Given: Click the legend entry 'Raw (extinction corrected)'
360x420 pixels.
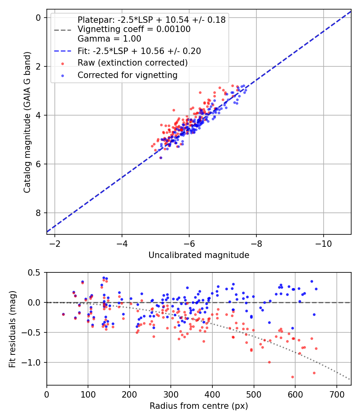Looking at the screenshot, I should [132, 63].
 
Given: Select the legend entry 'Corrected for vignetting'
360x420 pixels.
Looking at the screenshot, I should [127, 75].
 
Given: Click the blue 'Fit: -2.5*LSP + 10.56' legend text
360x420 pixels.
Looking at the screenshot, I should [139, 51].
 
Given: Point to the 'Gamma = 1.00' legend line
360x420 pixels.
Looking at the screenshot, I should [109, 39].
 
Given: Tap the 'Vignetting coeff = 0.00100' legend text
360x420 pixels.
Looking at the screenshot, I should [134, 29].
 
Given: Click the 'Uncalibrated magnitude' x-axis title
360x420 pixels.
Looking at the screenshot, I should [199, 255].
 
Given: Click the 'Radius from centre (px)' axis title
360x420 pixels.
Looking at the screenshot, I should [199, 406].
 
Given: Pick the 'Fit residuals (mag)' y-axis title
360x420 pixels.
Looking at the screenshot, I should [12, 329].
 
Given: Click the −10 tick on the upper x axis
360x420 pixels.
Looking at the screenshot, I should [324, 244].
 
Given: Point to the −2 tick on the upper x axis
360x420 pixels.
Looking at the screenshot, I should [55, 244].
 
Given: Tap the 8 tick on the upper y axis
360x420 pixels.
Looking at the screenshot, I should [38, 213].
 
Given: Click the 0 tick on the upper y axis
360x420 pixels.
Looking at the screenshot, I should [38, 18].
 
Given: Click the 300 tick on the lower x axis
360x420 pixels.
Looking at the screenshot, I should [171, 394].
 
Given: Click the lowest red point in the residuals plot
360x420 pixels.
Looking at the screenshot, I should [292, 377].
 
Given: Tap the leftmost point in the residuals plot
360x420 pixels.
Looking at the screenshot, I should [63, 314].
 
